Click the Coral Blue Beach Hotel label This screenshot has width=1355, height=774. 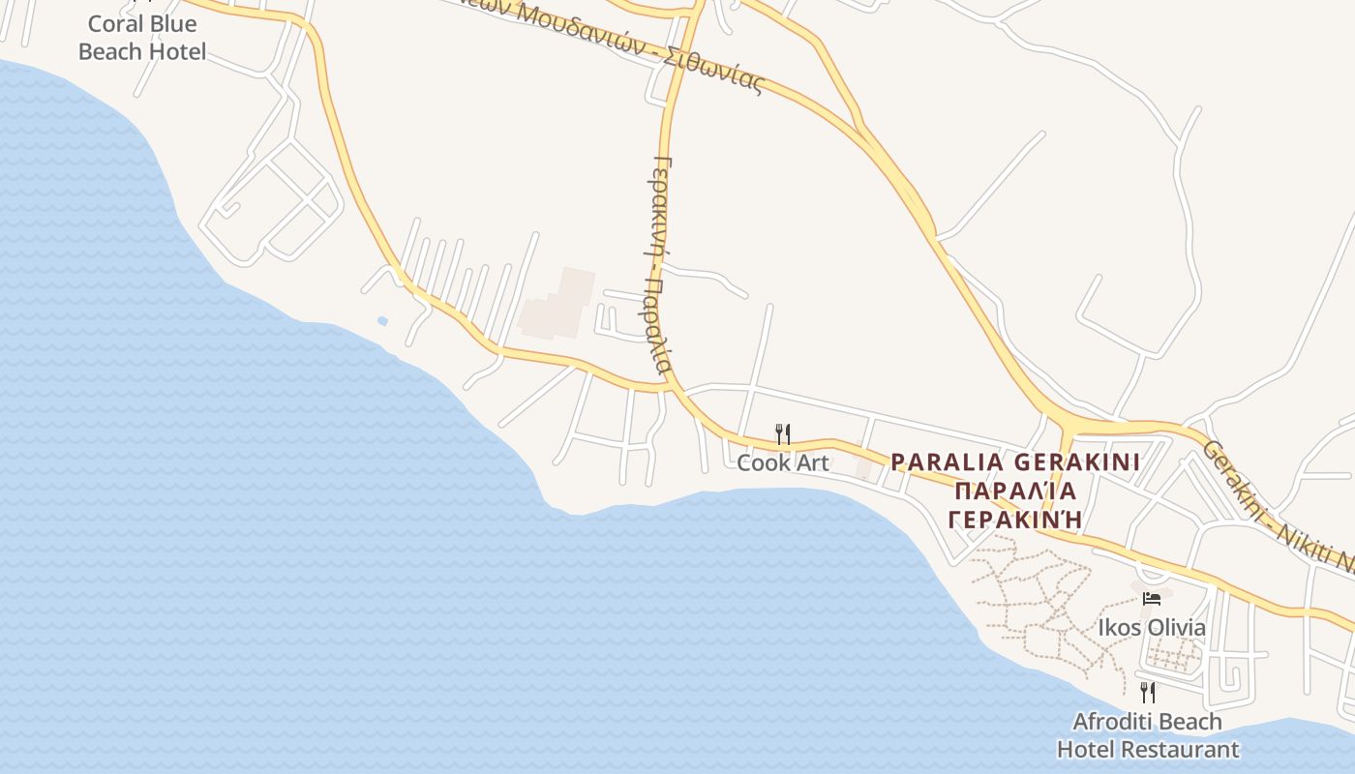142,38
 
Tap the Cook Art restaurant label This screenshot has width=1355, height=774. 783,462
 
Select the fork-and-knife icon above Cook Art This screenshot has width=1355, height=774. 783,434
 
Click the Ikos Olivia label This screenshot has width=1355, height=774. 1152,628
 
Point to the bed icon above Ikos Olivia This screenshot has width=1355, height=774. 1152,599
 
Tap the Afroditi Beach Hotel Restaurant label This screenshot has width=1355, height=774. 1148,735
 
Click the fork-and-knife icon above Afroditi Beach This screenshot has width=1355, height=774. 1148,692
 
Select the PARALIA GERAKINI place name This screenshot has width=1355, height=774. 1015,461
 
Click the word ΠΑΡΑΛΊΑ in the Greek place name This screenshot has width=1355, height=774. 1015,491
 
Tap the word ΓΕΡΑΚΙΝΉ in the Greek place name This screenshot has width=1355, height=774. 1015,520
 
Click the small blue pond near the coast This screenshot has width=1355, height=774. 382,320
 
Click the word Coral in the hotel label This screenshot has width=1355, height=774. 115,23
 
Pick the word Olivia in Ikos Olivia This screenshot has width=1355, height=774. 1175,628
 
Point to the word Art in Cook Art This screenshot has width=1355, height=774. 812,462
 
